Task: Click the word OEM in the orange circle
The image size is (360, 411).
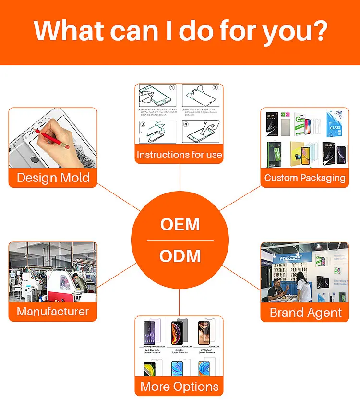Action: pyautogui.click(x=180, y=224)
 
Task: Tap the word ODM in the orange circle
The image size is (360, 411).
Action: pyautogui.click(x=180, y=256)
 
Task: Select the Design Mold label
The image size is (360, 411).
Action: pyautogui.click(x=53, y=178)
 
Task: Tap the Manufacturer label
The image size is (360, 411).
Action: pyautogui.click(x=53, y=312)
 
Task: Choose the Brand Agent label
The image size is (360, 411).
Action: pyautogui.click(x=305, y=313)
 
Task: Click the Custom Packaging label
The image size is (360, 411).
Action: pyautogui.click(x=305, y=178)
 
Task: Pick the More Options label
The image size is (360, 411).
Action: pyautogui.click(x=180, y=387)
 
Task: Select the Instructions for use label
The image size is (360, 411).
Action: pyautogui.click(x=179, y=155)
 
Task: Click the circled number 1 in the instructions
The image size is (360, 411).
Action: pyautogui.click(x=172, y=88)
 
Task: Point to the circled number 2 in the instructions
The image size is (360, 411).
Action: pyautogui.click(x=215, y=88)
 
